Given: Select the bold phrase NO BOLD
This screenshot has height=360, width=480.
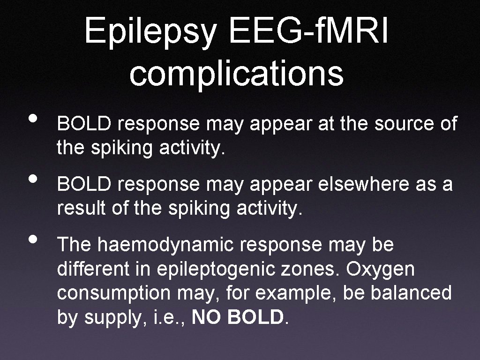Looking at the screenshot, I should (238, 318).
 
